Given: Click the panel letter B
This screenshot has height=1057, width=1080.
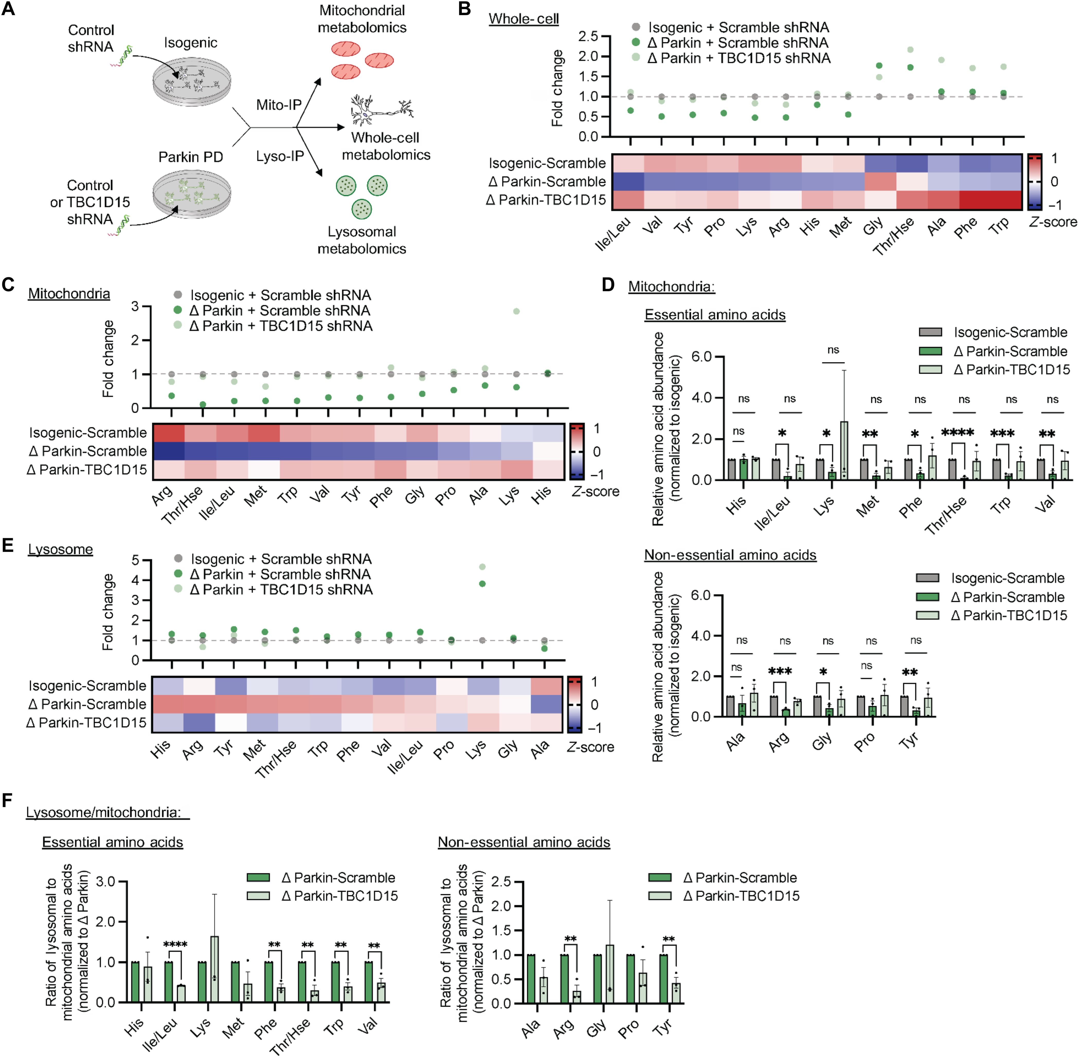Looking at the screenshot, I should click(x=464, y=10).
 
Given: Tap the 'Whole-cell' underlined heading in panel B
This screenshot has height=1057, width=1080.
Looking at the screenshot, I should click(x=523, y=19).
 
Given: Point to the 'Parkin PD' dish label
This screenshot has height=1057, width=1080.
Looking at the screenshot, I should click(x=191, y=157).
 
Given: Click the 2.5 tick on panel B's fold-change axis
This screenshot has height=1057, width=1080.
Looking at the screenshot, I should click(x=588, y=37).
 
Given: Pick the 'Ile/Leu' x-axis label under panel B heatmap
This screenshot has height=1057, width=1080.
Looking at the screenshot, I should click(x=613, y=234).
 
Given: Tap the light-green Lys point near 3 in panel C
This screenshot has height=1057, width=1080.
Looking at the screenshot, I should click(x=517, y=311).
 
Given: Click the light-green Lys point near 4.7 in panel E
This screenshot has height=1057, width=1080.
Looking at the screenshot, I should click(x=482, y=567).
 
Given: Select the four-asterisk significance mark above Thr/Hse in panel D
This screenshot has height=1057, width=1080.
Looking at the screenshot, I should click(x=957, y=432).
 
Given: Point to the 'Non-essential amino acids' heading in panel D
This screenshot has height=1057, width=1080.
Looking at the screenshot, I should click(x=730, y=555).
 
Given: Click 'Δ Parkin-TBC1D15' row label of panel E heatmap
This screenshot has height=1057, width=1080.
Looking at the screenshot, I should click(x=87, y=723).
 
